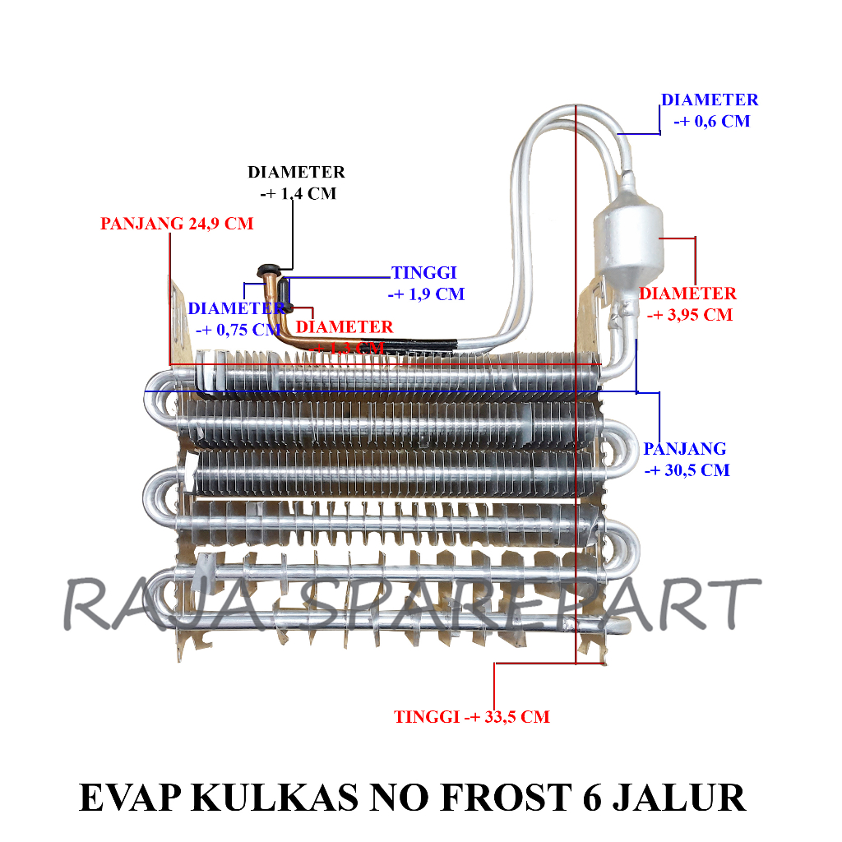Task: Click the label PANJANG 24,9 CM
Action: coord(177,224)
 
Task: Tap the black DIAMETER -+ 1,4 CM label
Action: coord(297,183)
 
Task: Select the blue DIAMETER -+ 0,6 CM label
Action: coord(710,110)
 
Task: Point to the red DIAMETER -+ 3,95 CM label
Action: coord(688,303)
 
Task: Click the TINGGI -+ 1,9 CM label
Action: coord(427,284)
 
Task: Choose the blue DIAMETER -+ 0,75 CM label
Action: coord(236,319)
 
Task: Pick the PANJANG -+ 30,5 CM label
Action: coord(686,459)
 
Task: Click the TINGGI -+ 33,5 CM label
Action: coord(471,717)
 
